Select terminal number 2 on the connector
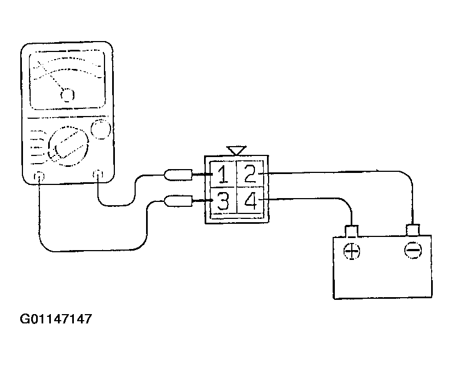[x=250, y=173]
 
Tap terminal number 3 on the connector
[x=223, y=201]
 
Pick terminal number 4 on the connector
[x=250, y=200]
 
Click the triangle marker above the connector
[x=236, y=150]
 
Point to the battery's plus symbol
[x=352, y=251]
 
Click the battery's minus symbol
[x=413, y=250]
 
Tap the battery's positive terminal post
[x=351, y=231]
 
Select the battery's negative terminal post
[x=413, y=230]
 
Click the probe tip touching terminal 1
[x=202, y=174]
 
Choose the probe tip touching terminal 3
[x=202, y=201]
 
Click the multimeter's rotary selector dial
[x=68, y=146]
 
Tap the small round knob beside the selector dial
[x=101, y=129]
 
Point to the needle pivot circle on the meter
[x=68, y=95]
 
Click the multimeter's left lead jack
[x=39, y=176]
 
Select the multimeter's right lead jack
[x=98, y=174]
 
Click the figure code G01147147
[x=56, y=319]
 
